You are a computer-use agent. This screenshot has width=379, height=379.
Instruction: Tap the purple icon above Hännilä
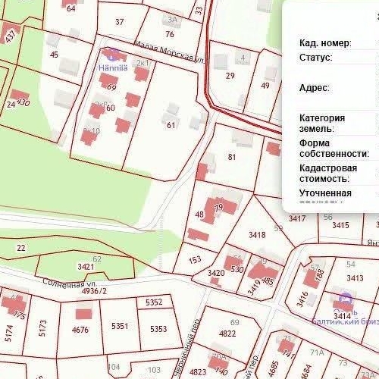[x=113, y=55]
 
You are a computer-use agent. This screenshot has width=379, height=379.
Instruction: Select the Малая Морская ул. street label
[x=169, y=52]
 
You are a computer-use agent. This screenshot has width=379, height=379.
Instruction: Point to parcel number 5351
[x=119, y=326]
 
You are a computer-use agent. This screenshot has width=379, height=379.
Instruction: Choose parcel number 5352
[x=154, y=302]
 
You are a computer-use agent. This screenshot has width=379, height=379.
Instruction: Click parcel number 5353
[x=158, y=329]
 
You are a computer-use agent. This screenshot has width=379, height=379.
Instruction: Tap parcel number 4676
[x=80, y=330]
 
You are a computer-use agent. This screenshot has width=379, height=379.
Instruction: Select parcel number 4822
[x=227, y=333]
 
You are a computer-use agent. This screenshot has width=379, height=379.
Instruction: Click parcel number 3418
[x=257, y=235]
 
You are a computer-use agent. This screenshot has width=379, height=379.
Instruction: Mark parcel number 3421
[x=86, y=267]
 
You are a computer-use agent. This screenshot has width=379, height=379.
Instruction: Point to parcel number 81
[x=232, y=158]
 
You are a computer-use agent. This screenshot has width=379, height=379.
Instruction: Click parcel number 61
[x=171, y=125]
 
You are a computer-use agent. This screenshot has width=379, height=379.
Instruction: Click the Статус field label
[x=315, y=58]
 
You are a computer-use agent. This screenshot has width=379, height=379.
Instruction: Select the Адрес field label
[x=314, y=88]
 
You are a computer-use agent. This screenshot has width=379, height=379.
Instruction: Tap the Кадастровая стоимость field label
[x=324, y=173]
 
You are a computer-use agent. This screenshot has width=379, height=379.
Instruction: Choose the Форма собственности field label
[x=334, y=148]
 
